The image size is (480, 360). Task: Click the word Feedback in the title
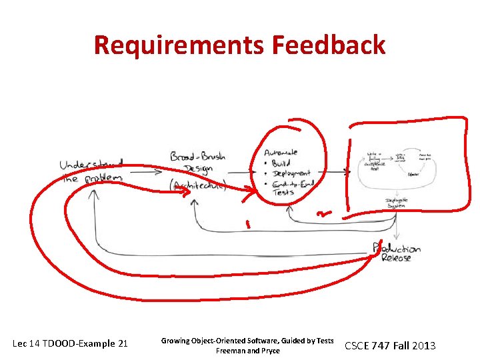click(x=328, y=45)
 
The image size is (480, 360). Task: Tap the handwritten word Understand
click(x=91, y=165)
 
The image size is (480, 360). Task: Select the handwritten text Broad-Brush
click(x=197, y=157)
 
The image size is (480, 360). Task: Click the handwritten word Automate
click(x=281, y=153)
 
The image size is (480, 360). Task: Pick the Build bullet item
click(x=285, y=163)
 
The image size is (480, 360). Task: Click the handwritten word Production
click(x=397, y=249)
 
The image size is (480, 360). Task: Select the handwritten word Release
click(x=396, y=258)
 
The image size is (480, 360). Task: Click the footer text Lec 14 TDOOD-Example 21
click(x=70, y=344)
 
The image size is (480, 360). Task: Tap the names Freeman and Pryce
click(x=247, y=351)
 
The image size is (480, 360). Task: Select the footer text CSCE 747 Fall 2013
click(x=389, y=345)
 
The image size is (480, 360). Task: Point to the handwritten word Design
click(x=199, y=169)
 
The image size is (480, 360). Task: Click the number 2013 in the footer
click(x=423, y=345)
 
